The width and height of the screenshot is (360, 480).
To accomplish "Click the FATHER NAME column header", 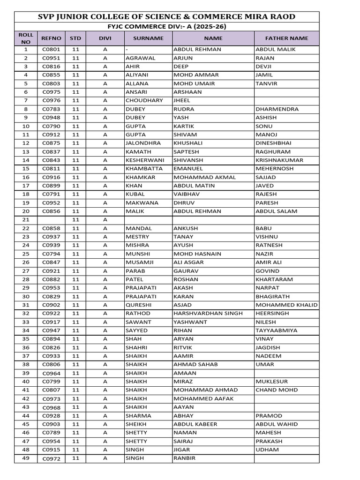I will click(286, 38).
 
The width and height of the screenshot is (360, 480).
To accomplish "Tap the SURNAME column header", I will click(148, 38).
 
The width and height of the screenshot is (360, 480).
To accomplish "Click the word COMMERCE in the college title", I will click(210, 17).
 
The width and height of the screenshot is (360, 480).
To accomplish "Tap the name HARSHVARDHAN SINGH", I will click(208, 314).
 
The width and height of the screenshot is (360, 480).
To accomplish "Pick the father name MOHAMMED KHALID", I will click(286, 305).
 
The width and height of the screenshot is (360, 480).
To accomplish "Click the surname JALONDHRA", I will click(143, 143).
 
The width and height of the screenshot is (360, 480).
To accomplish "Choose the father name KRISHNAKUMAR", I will click(279, 160).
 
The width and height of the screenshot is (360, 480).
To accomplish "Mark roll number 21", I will click(26, 220).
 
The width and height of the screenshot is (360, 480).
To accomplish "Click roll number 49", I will click(26, 458).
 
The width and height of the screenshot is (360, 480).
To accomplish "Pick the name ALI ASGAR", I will click(188, 262).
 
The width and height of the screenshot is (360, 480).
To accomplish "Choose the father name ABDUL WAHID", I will click(277, 424).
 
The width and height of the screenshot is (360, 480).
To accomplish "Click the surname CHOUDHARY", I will click(144, 100).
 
